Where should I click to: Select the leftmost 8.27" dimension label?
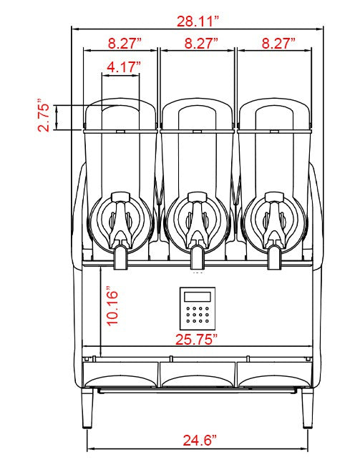[120, 43]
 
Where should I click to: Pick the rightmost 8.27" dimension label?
[276, 43]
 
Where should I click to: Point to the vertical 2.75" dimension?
[45, 115]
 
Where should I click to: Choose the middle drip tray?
[197, 373]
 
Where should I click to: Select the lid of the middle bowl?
[197, 114]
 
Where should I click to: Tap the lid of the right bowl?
[273, 114]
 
